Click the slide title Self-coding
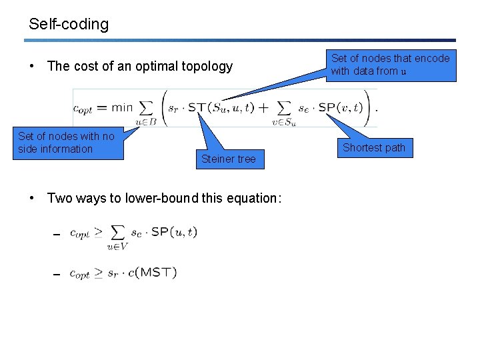pos(69,25)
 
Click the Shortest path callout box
pos(373,148)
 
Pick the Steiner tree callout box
pos(228,159)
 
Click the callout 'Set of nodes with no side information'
pos(67,143)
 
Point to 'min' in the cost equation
pos(122,107)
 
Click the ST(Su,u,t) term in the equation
pos(221,107)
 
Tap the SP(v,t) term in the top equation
pos(339,107)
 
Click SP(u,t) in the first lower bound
pos(174,232)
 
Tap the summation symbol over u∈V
pos(118,233)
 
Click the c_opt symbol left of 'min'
pos(91,108)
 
